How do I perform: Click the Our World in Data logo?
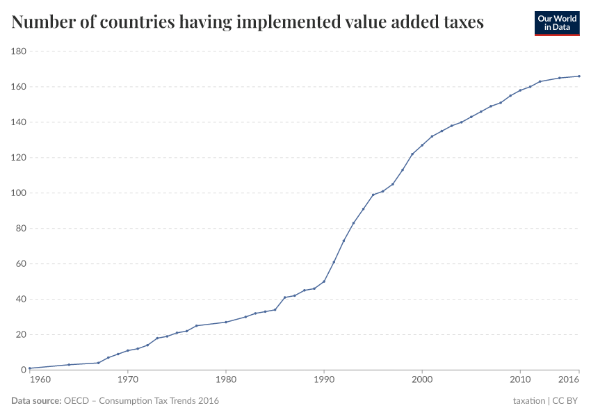point(557,23)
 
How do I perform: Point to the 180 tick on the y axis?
point(19,51)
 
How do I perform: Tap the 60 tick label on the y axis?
point(21,264)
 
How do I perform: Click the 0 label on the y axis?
point(24,370)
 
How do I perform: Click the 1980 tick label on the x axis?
point(225,380)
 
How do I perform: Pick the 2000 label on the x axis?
point(422,380)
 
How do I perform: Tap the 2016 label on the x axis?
point(569,380)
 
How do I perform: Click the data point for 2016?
point(579,76)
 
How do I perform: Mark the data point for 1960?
point(29,368)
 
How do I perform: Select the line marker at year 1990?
point(324,281)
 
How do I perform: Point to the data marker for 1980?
point(226,322)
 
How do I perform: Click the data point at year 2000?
point(422,145)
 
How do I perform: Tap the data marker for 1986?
point(284,297)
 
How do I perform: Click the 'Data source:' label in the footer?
point(36,401)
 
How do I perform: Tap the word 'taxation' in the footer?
point(528,401)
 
